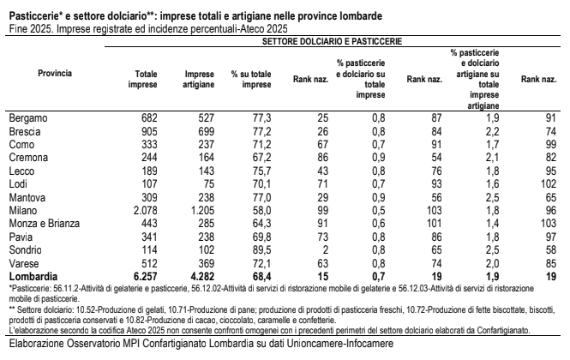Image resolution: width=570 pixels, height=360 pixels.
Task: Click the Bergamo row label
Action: [27, 116]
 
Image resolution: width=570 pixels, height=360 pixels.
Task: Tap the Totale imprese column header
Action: [141, 80]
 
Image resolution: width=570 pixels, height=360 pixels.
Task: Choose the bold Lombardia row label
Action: [33, 279]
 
